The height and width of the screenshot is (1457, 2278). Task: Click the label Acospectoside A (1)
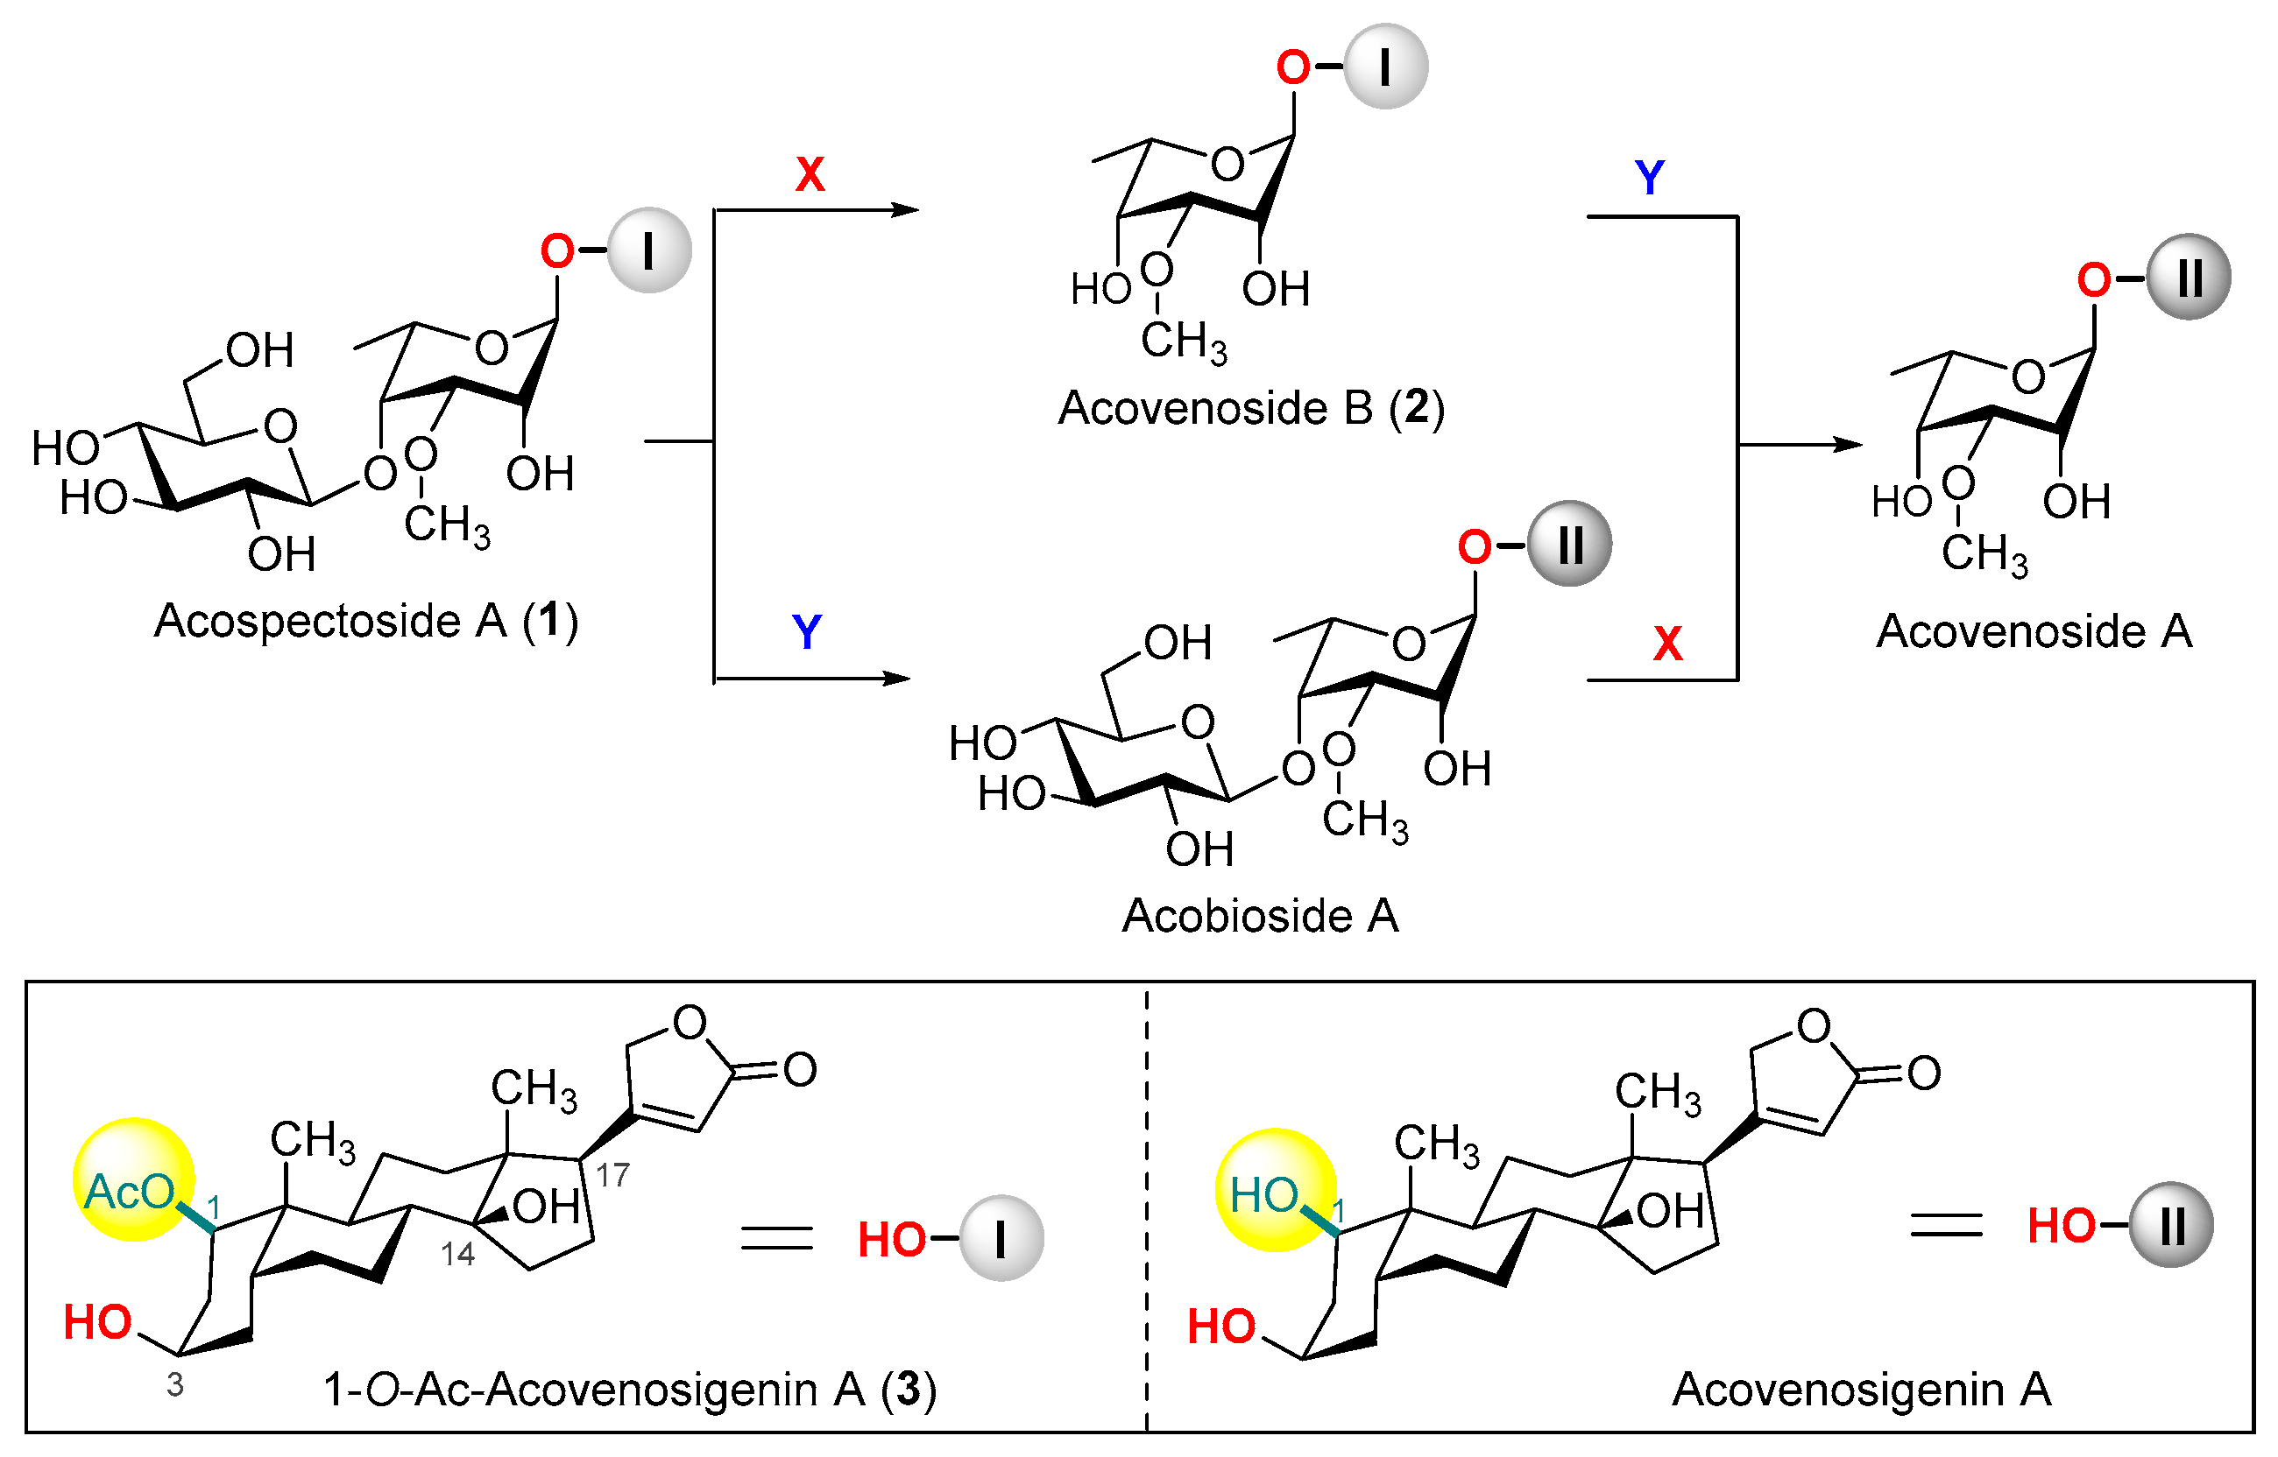click(x=366, y=623)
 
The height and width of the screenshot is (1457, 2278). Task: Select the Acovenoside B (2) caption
click(x=1251, y=409)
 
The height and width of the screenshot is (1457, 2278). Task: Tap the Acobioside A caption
click(x=1260, y=916)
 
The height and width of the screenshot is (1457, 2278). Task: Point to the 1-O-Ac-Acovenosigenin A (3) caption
click(x=629, y=1389)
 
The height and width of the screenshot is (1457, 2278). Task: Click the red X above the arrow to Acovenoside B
click(x=810, y=174)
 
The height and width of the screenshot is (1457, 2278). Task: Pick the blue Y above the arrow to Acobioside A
click(x=806, y=632)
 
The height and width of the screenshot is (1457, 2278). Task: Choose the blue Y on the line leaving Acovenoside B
click(x=1650, y=178)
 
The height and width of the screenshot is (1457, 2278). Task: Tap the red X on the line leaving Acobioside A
click(x=1667, y=644)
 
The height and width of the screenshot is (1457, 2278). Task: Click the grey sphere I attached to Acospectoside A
click(x=649, y=250)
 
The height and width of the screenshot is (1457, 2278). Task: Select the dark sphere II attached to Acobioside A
click(x=1570, y=544)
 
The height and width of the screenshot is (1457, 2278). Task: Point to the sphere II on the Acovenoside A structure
click(x=2189, y=278)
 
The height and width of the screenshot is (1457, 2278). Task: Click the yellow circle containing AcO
click(x=133, y=1179)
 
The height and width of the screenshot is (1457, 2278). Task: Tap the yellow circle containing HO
click(x=1276, y=1190)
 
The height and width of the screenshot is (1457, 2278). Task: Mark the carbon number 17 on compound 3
click(x=612, y=1176)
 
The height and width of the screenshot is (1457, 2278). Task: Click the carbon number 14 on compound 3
click(x=457, y=1255)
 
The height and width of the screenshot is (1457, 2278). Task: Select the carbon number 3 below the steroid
click(x=175, y=1385)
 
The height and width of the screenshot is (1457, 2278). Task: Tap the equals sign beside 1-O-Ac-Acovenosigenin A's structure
click(x=776, y=1237)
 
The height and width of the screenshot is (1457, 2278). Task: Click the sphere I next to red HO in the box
click(x=1001, y=1238)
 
